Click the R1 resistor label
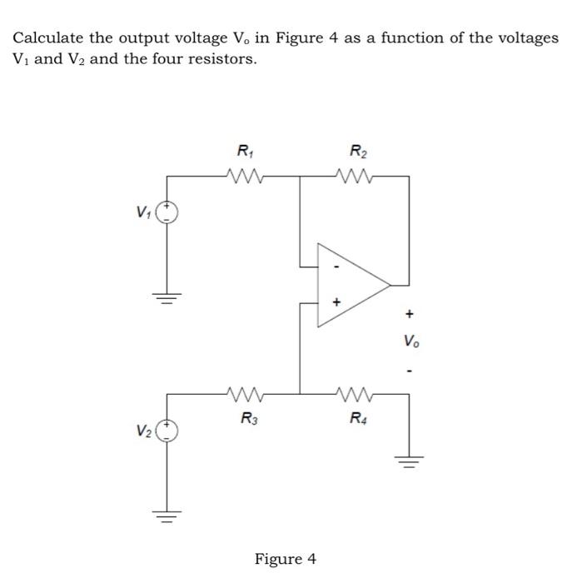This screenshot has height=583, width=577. pos(244,152)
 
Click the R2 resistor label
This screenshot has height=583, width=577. pos(357,152)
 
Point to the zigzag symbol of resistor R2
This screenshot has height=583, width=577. pos(357,176)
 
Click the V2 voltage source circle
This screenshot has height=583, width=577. pos(168,430)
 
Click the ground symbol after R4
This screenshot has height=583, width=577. pos(408,461)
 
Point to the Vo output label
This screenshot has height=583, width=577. pos(410,341)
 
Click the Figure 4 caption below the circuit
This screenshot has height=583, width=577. pos(286,558)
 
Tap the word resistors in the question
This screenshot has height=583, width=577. pos(214,60)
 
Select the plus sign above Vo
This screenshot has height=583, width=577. pos(409,315)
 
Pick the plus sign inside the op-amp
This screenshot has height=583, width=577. pos(336,302)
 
